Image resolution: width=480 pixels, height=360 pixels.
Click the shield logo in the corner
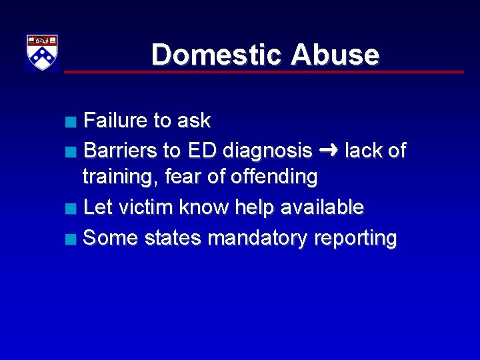coord(42,52)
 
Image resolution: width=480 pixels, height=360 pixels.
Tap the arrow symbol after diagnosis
coord(328,151)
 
